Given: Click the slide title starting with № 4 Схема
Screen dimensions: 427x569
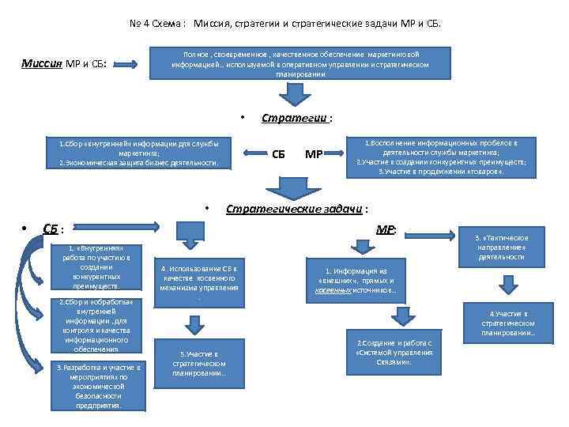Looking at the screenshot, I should [285, 23].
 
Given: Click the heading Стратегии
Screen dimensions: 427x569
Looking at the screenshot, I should [296, 118].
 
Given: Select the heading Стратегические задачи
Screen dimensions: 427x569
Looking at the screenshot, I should [296, 210].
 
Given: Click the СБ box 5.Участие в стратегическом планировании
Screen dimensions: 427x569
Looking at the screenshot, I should [199, 363].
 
